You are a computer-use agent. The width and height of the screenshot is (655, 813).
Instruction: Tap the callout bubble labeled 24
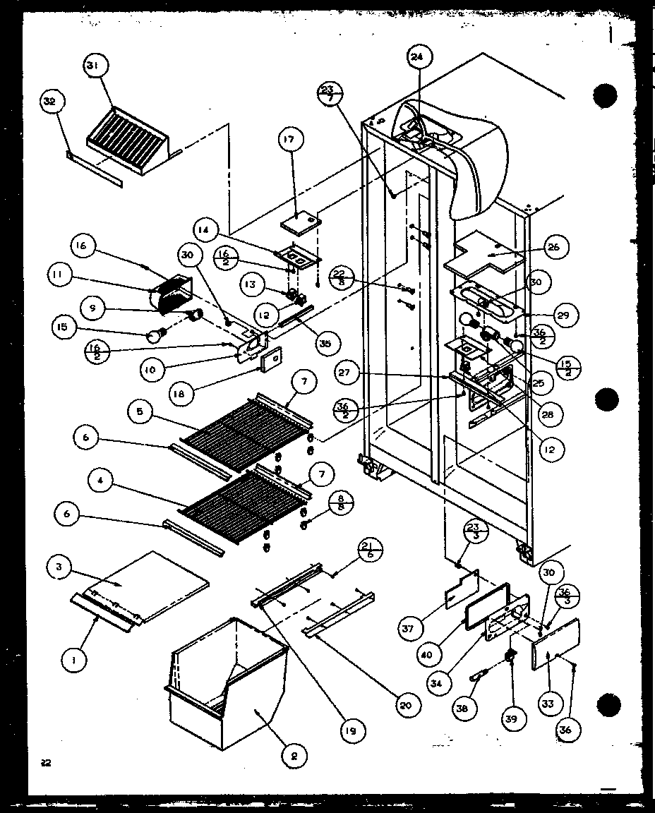(417, 58)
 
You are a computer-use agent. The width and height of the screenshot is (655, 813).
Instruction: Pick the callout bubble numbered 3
(61, 567)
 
